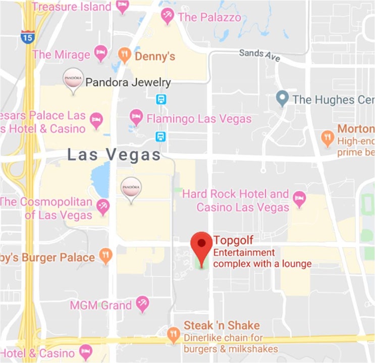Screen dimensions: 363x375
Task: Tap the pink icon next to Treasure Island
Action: point(122,7)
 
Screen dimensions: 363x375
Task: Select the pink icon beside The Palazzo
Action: point(167,17)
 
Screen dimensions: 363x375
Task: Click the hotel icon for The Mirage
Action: point(101,54)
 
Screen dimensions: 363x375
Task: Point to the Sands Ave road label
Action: point(259,55)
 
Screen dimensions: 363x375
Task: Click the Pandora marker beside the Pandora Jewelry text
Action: point(73,81)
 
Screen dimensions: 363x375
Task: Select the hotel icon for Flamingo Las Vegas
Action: point(136,118)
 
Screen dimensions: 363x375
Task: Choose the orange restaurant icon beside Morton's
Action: point(328,137)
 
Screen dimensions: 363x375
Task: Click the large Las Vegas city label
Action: point(114,155)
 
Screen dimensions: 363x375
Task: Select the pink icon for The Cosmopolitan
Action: point(103,206)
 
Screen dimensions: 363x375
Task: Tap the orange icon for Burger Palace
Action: point(105,256)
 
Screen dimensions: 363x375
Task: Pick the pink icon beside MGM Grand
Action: point(143,304)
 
